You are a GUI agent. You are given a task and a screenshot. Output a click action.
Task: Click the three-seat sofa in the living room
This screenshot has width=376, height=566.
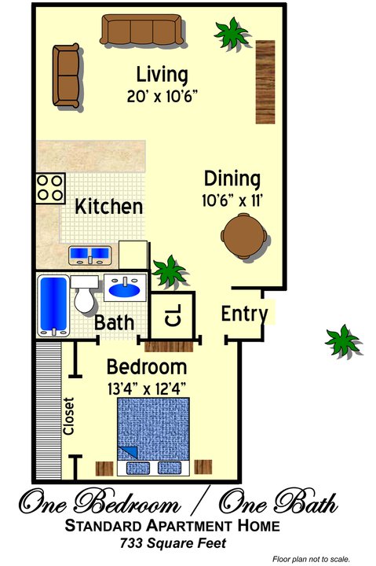[141, 30]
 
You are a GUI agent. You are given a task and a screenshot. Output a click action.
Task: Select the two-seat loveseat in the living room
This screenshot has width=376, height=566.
[66, 75]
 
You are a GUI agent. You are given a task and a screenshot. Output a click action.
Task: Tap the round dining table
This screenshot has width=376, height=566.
[243, 236]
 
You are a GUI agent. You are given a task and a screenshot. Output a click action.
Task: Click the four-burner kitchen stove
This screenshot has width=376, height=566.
[50, 188]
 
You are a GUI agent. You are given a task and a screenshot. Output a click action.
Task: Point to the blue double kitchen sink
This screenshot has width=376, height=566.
[90, 255]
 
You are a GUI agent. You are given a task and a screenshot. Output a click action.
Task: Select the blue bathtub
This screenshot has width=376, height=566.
[53, 305]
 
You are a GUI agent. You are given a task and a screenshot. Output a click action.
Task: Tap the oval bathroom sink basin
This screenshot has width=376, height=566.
[124, 290]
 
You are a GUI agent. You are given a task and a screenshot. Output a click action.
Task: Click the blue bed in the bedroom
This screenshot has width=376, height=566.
[153, 436]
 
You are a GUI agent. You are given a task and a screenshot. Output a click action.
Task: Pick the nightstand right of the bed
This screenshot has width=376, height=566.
[203, 467]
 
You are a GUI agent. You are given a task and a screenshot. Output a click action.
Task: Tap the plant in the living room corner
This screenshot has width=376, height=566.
[232, 33]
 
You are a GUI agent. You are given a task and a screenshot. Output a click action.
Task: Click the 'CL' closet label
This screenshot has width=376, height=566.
[173, 315]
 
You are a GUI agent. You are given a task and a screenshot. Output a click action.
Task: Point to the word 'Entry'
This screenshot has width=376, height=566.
[244, 314]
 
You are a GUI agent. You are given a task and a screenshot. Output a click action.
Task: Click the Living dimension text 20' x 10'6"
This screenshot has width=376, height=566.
[162, 97]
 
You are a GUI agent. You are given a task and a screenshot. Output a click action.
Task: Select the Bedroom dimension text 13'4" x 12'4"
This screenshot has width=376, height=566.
[147, 389]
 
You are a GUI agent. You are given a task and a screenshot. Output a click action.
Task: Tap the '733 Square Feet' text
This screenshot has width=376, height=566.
[173, 543]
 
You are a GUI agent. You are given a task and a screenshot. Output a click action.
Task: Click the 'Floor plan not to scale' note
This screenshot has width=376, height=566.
[311, 560]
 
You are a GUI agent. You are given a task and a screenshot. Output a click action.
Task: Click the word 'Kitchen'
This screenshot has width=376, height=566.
[109, 207]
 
